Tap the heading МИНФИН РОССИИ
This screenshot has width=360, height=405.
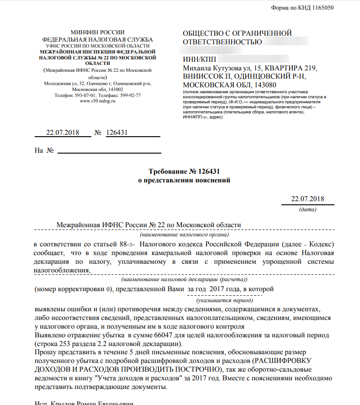97,32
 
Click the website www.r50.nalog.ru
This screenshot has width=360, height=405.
97,101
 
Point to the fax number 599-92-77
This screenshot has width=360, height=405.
130,96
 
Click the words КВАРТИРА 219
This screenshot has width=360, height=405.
293,69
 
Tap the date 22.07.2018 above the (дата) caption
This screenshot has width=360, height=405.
307,198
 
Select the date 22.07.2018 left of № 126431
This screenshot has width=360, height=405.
63,133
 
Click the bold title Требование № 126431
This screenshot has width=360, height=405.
184,171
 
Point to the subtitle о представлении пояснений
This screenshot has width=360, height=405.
184,180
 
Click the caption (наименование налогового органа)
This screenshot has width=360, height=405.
184,234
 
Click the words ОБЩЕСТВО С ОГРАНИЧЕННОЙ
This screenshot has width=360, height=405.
237,33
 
